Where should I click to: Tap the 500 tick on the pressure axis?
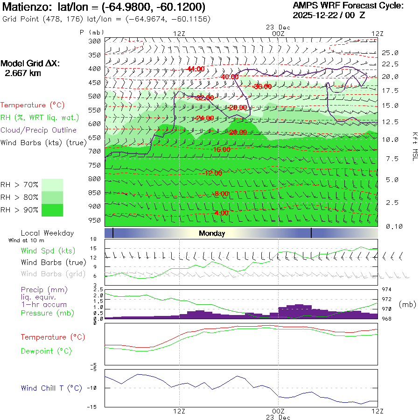coord(95,96)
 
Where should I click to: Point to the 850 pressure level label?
coord(95,193)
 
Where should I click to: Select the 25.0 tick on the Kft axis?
coord(390,53)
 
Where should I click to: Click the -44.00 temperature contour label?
coord(195,69)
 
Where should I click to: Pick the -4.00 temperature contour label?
coord(221,213)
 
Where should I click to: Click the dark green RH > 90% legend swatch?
coord(52,210)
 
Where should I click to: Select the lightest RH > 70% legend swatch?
coord(52,185)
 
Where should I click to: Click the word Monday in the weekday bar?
coord(212,233)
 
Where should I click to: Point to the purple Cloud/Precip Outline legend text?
coord(39,130)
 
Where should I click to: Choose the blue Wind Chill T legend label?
coord(51,388)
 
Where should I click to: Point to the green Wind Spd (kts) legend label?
coord(48,251)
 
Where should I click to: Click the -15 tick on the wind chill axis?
coord(93,406)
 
